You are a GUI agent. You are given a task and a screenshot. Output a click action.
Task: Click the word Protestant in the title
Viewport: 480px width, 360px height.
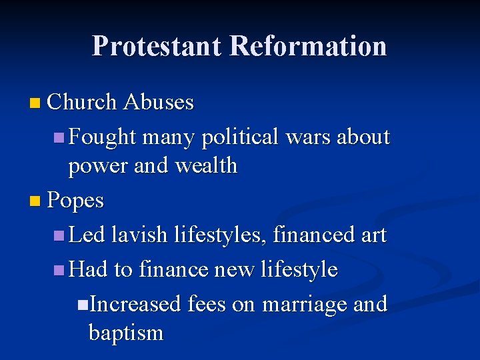(x=157, y=46)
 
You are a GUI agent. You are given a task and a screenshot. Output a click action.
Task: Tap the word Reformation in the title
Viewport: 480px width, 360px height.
(x=308, y=46)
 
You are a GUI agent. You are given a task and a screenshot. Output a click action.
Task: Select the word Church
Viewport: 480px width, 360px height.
(x=83, y=102)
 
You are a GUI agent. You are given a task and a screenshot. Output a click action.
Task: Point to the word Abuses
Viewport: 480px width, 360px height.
(x=159, y=102)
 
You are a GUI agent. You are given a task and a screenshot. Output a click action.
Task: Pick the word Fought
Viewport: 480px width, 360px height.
(x=103, y=137)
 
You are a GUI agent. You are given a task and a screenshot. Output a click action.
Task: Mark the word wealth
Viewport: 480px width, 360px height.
(x=206, y=165)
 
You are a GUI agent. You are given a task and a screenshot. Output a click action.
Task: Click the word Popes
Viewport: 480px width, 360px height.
(x=76, y=200)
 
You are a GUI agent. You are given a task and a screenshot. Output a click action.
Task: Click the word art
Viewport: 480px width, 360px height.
(x=373, y=235)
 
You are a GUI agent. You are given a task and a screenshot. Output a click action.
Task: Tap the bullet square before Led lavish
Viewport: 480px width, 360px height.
(x=59, y=235)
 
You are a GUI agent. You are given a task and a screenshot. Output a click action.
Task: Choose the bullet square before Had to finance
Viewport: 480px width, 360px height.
(x=59, y=270)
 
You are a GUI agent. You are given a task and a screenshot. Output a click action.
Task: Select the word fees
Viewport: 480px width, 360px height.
(x=207, y=304)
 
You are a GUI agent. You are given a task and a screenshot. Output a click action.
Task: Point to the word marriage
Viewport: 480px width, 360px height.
(x=304, y=305)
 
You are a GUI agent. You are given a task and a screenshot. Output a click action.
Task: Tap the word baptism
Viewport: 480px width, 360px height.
(x=126, y=333)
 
